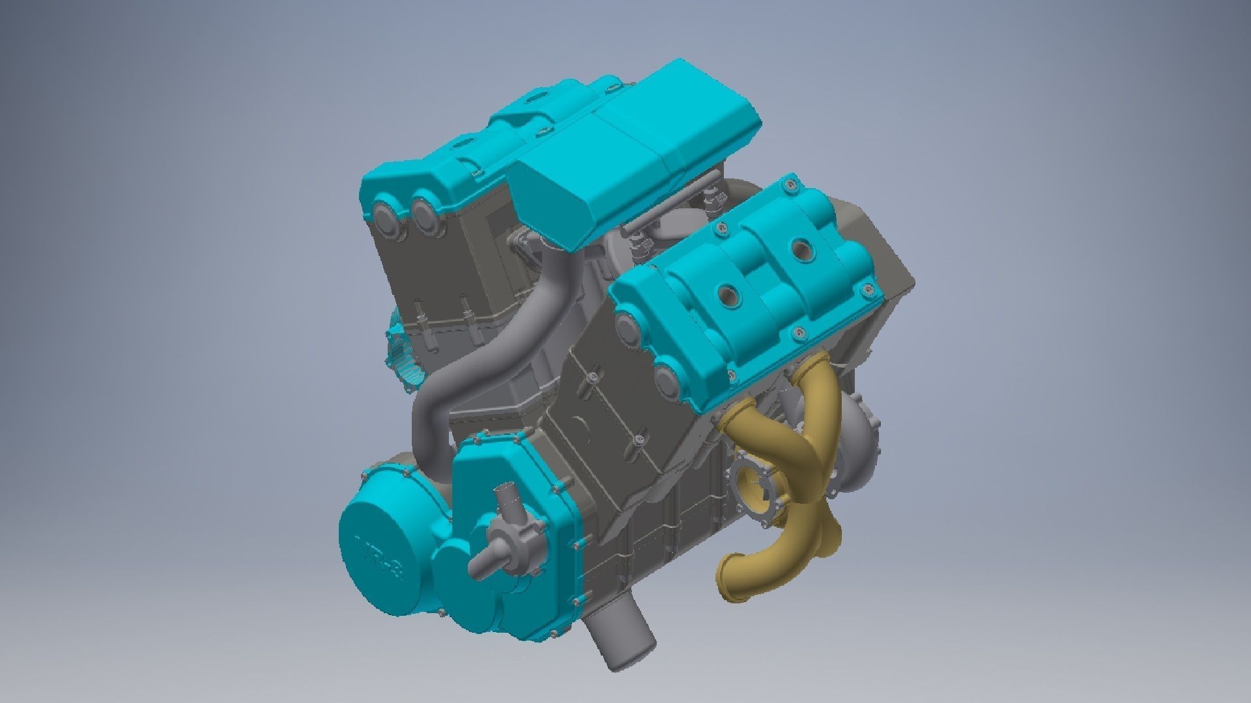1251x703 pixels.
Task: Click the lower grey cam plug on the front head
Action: (x=672, y=383)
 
